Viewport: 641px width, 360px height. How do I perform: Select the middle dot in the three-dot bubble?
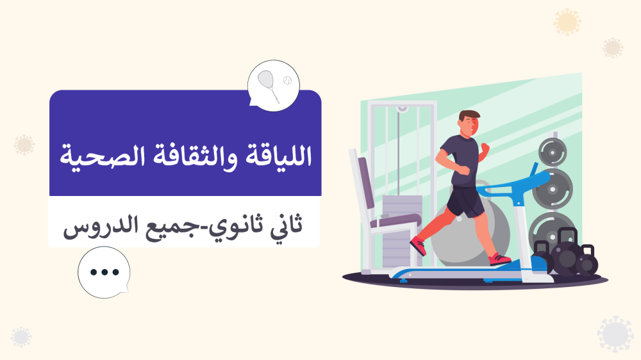pyautogui.click(x=103, y=272)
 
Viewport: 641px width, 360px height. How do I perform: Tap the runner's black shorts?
pyautogui.click(x=464, y=201)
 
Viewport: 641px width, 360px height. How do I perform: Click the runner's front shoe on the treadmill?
pyautogui.click(x=499, y=259)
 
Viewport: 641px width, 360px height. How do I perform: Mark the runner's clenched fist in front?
pyautogui.click(x=485, y=149)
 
